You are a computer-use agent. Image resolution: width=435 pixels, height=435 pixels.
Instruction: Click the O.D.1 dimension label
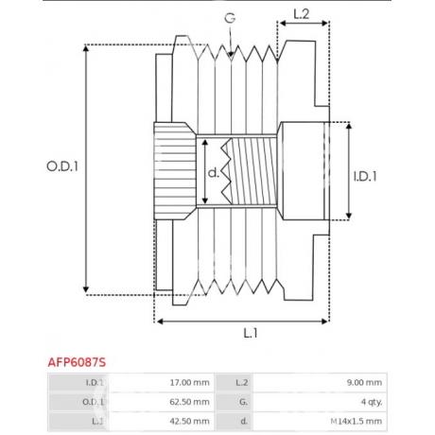(x=62, y=166)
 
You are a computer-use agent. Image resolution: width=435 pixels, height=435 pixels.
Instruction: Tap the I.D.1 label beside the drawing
(x=365, y=177)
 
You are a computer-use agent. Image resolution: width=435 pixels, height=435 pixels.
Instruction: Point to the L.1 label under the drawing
(x=251, y=333)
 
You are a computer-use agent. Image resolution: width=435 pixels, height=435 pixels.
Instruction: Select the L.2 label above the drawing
(x=302, y=14)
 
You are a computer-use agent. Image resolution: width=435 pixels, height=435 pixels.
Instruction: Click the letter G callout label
(x=230, y=18)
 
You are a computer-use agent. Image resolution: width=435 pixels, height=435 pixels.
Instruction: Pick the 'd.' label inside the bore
(x=214, y=172)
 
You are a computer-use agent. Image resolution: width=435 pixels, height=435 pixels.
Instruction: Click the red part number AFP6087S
(x=77, y=362)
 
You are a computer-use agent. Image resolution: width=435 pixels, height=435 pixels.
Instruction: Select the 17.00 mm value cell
(x=189, y=382)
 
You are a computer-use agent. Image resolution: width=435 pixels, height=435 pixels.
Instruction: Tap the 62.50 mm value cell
(x=189, y=402)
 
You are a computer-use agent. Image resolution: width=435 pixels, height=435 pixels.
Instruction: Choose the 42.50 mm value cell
(x=189, y=421)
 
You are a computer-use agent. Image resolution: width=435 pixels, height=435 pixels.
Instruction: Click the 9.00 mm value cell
(x=364, y=382)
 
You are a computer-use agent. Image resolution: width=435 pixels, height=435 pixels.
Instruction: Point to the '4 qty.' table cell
(x=372, y=402)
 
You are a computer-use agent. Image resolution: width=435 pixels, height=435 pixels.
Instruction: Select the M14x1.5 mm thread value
(x=357, y=421)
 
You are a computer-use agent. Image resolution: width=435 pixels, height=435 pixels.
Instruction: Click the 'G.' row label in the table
(x=243, y=402)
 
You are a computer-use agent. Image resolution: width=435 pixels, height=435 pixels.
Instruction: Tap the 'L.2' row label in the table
(x=242, y=382)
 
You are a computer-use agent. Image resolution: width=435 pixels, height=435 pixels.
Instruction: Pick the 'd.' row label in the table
(x=244, y=421)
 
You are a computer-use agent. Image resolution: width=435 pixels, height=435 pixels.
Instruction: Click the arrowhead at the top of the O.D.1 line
(x=86, y=47)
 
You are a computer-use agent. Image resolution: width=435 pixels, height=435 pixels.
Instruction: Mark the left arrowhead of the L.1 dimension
(x=160, y=322)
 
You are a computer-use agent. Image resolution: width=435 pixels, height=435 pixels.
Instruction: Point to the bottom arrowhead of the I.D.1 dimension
(x=349, y=216)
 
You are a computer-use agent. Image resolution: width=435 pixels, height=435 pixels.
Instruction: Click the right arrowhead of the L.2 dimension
(x=324, y=23)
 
